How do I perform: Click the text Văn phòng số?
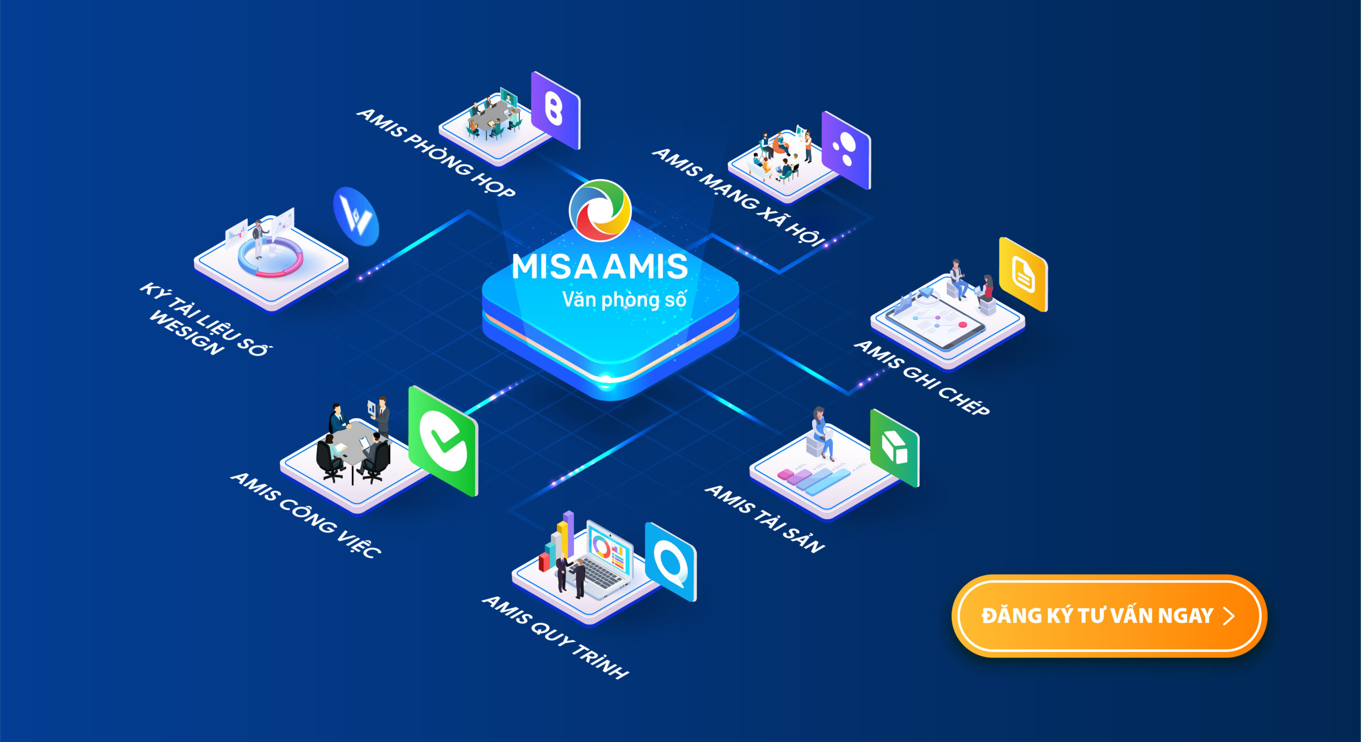click(x=624, y=300)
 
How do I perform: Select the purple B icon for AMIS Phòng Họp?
click(x=555, y=110)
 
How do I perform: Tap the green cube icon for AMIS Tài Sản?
click(x=895, y=448)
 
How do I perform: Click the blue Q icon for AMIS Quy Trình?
click(x=670, y=562)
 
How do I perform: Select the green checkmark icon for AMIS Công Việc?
click(x=443, y=441)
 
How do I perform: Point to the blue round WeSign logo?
click(x=356, y=216)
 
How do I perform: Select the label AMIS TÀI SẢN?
click(x=764, y=519)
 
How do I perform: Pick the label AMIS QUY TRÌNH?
click(x=555, y=637)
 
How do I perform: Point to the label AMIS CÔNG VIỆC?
click(x=306, y=514)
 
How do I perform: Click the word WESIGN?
click(x=186, y=333)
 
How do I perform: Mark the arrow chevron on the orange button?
click(x=1229, y=616)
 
